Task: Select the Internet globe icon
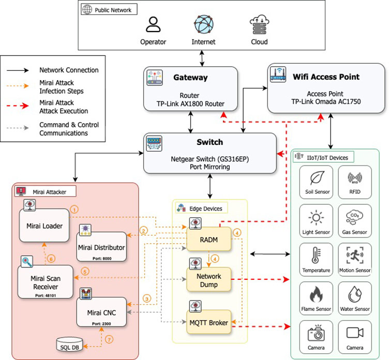(x=204, y=24)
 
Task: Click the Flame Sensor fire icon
(x=316, y=295)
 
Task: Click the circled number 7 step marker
(x=109, y=340)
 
